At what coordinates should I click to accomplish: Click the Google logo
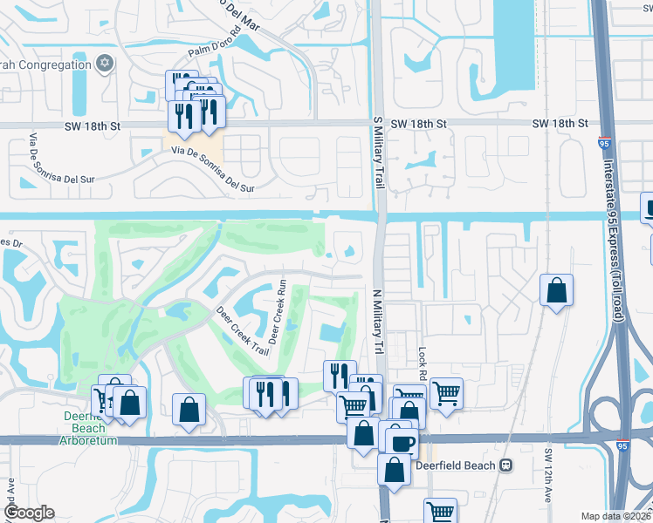(29, 513)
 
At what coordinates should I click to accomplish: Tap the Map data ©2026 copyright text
(616, 516)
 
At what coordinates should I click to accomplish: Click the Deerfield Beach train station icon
(506, 465)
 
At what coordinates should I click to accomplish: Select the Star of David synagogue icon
(105, 64)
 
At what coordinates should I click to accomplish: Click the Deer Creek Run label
(278, 312)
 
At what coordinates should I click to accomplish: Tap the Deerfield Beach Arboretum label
(85, 428)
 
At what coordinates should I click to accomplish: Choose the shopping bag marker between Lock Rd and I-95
(556, 290)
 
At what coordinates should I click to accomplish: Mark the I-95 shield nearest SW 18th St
(604, 139)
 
